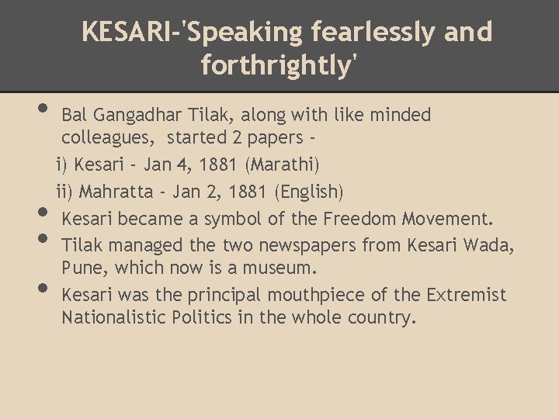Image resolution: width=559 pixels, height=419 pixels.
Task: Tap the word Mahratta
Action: click(x=116, y=191)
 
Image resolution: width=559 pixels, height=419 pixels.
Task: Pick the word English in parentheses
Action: click(x=307, y=191)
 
